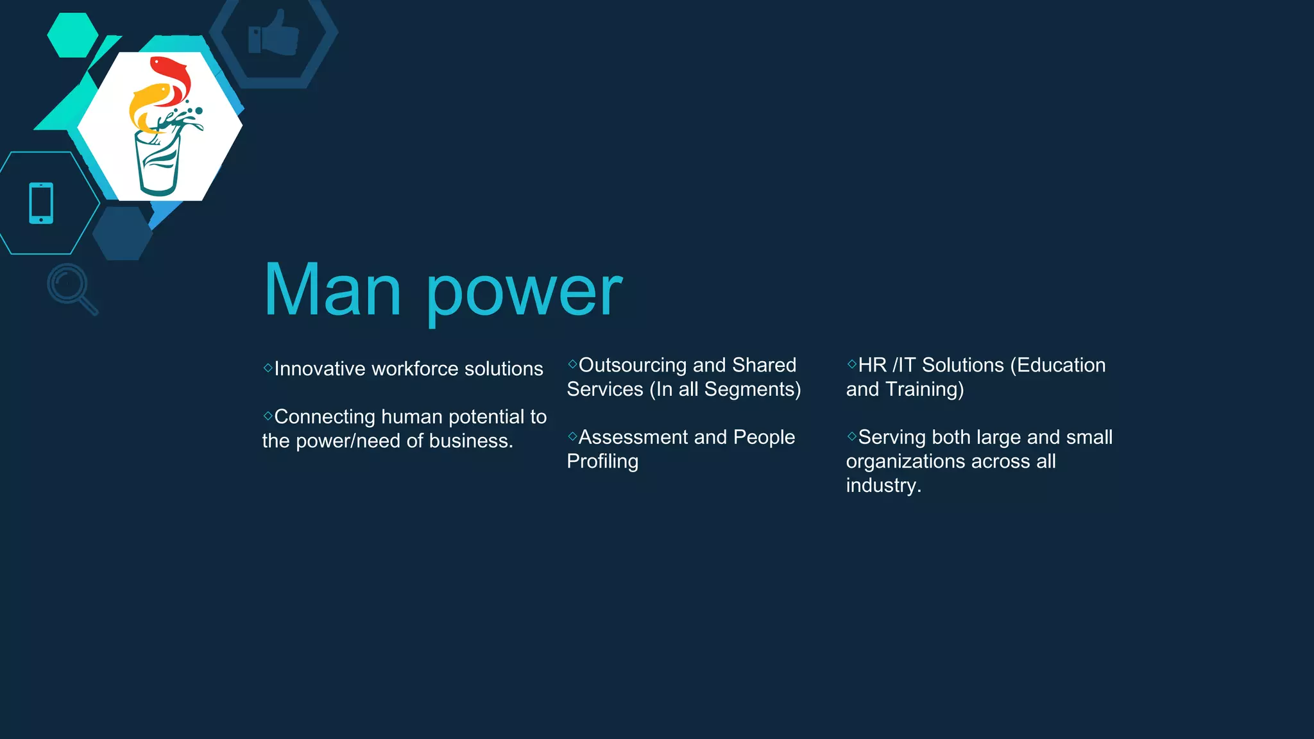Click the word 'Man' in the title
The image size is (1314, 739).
click(x=332, y=291)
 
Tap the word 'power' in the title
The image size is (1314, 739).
click(x=524, y=294)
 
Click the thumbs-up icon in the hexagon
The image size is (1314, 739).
click(x=274, y=34)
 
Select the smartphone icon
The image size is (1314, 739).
click(x=41, y=203)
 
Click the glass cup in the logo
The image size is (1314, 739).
click(x=157, y=164)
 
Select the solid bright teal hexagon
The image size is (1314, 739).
click(x=73, y=35)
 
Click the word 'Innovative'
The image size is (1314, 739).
click(x=320, y=369)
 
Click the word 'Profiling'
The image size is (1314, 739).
click(x=602, y=461)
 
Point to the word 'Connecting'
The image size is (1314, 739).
click(x=325, y=417)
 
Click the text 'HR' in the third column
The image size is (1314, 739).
click(x=873, y=365)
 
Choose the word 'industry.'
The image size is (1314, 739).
click(x=883, y=485)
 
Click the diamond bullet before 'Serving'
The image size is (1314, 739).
click(x=852, y=436)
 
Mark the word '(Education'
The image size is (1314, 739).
click(x=1058, y=365)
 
